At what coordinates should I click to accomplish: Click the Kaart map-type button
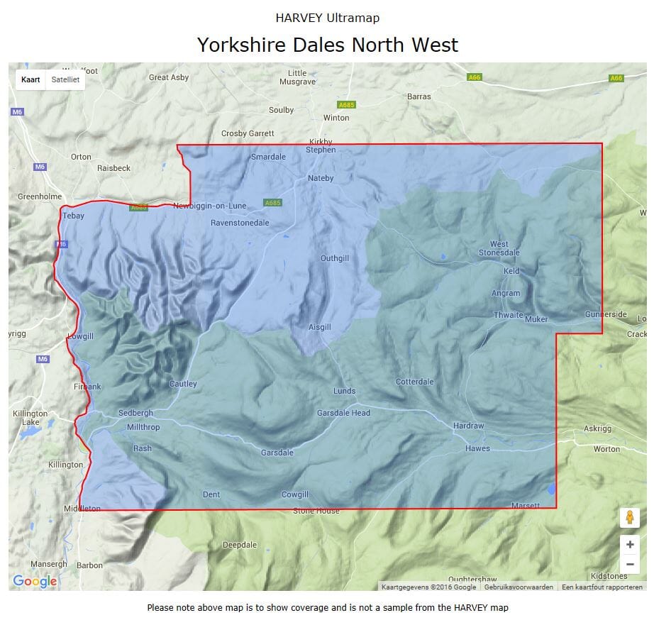(31, 79)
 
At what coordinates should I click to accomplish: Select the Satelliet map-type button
(65, 79)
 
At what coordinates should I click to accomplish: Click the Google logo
(35, 582)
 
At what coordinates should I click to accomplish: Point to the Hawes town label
(477, 448)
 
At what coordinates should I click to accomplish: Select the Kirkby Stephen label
(321, 145)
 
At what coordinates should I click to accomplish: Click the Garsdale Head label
(343, 413)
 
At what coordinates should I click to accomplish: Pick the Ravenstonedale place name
(240, 223)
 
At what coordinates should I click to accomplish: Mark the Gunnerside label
(606, 314)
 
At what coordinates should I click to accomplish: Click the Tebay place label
(74, 216)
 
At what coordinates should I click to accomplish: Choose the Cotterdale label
(414, 382)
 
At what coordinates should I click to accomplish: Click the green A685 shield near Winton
(346, 105)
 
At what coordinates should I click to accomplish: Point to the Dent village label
(211, 494)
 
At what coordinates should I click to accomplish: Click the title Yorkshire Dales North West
(327, 45)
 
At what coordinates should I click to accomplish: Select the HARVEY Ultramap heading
(327, 18)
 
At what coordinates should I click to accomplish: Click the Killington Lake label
(30, 417)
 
